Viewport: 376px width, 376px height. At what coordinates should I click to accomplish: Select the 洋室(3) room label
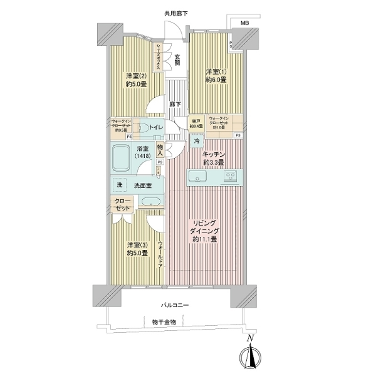pyautogui.click(x=137, y=249)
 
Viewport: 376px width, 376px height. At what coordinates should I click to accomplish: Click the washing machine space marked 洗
pyautogui.click(x=119, y=185)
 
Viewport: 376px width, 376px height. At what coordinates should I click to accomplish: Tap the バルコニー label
pyautogui.click(x=174, y=305)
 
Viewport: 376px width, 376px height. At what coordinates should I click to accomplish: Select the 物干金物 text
pyautogui.click(x=164, y=321)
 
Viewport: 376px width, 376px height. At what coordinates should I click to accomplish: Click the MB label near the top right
pyautogui.click(x=244, y=23)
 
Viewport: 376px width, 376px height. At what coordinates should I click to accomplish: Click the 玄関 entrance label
pyautogui.click(x=177, y=59)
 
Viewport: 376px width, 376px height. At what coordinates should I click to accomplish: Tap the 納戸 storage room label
pyautogui.click(x=196, y=122)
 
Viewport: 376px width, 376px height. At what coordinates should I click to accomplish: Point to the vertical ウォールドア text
pyautogui.click(x=160, y=254)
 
